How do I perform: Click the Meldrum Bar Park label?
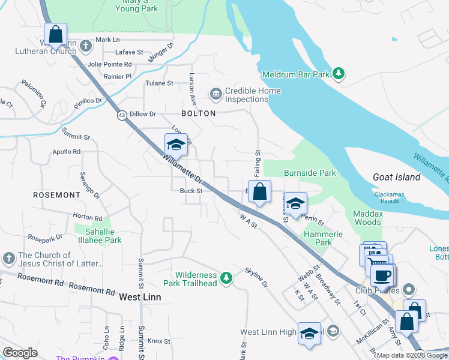click(x=296, y=74)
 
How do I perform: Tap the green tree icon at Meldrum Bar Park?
click(x=339, y=74)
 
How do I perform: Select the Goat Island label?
click(x=396, y=177)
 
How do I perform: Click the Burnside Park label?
click(x=310, y=173)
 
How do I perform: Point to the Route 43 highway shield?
click(x=122, y=116)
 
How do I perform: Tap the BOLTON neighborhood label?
click(x=198, y=113)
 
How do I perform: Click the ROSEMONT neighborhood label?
click(x=56, y=195)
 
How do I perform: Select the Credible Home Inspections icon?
click(x=215, y=94)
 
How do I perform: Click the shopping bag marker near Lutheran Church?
click(x=55, y=35)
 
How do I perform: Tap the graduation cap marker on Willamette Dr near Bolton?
click(x=176, y=145)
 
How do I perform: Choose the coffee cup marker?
click(x=382, y=276)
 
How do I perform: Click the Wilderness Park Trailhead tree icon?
click(x=226, y=277)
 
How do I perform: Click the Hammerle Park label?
click(x=318, y=239)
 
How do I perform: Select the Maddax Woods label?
click(x=367, y=218)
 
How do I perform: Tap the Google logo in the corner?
click(x=20, y=353)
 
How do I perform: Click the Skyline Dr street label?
click(x=256, y=277)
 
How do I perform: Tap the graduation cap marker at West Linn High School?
click(x=309, y=334)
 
